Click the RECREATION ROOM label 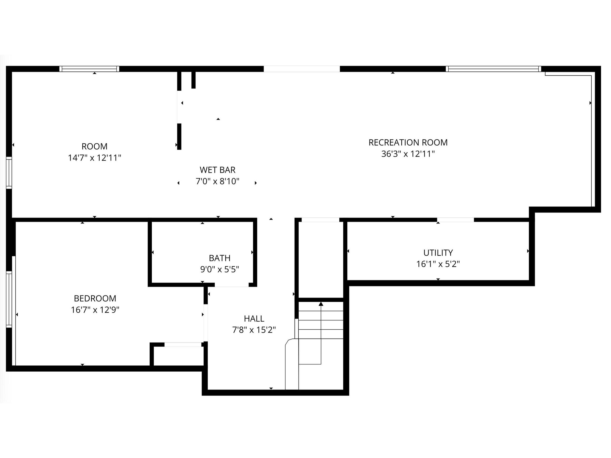408,142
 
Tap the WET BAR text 218,170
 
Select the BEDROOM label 95,298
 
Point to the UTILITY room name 438,253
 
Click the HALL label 254,319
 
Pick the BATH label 220,258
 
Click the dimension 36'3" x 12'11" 408,154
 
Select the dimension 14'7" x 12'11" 94,158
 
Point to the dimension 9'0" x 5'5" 220,269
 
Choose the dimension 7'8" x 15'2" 254,330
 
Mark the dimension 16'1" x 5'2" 438,264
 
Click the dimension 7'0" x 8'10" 218,181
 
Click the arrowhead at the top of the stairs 321,304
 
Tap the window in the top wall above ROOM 89,69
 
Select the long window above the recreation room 493,69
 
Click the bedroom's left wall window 9,299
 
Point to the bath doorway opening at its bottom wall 232,285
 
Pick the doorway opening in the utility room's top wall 455,220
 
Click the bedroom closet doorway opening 183,344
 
